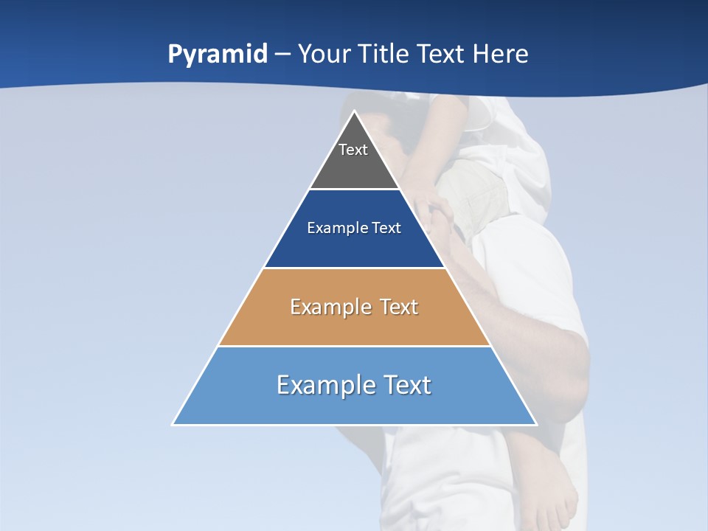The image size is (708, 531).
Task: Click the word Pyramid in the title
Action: pos(218,55)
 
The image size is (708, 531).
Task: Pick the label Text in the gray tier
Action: pos(353,150)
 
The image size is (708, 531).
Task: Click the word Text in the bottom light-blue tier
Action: pos(406,385)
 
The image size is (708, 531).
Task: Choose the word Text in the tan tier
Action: pos(399,307)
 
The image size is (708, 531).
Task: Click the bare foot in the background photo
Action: pos(549,487)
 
